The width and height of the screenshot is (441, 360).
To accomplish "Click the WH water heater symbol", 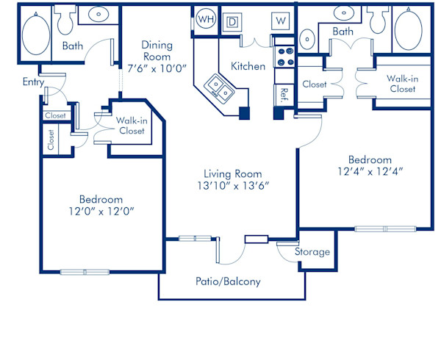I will pos(206,19).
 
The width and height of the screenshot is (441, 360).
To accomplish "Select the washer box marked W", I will pos(280,20).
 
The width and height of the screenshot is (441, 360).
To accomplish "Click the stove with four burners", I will pos(283,54).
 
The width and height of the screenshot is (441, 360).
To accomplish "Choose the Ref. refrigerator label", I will pos(283,95).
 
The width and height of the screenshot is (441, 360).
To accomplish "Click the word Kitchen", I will pos(248,66).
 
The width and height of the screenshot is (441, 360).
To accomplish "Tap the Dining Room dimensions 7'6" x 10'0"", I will pos(157,68).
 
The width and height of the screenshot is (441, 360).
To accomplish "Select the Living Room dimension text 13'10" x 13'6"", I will pos(233,185).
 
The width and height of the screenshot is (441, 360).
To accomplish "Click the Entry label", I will pos(32,82).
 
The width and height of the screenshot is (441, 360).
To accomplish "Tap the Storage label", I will pos(312,252).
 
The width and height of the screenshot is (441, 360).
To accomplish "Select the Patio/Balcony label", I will pos(228,281).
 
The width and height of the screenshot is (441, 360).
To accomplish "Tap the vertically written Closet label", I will pos(51,140).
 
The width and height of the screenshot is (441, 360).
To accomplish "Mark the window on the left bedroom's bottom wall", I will pos(85,272).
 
